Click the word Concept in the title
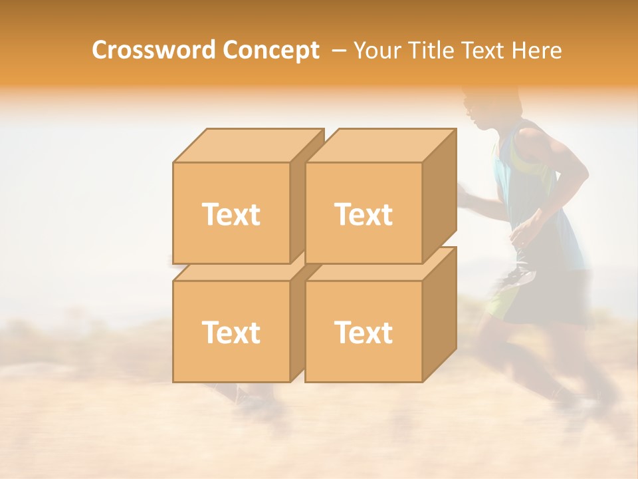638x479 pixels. [270, 50]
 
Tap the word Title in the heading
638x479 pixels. [435, 50]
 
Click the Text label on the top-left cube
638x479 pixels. [231, 214]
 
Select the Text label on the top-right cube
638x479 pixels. [363, 214]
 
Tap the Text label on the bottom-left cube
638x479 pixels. [231, 332]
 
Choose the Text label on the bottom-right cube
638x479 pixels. [363, 332]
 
